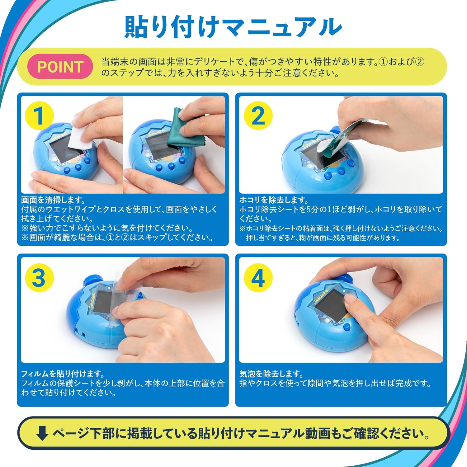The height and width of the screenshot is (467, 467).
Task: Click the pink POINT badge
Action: click(x=60, y=66)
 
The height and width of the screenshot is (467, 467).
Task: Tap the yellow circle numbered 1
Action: click(x=39, y=116)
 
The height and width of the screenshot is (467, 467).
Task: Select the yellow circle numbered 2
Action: click(x=258, y=116)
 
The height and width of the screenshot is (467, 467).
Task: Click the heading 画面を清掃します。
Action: click(x=53, y=200)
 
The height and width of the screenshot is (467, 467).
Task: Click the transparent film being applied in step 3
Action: click(x=125, y=293)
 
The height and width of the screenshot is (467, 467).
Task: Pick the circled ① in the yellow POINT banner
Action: click(x=384, y=62)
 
